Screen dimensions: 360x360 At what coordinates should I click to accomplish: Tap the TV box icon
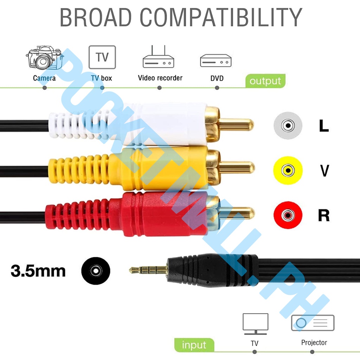coord(102,57)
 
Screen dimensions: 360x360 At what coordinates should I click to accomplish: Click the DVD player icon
coord(216,60)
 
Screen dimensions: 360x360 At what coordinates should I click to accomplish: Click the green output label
coord(265,81)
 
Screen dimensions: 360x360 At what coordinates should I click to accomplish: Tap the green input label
coord(194,345)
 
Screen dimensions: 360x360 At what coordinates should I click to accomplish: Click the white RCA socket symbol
coord(288,125)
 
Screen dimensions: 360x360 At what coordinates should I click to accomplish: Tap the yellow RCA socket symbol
coord(288,171)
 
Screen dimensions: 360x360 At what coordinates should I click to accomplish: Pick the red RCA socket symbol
coord(288,215)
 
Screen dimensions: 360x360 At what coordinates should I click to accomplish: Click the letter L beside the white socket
coord(324,126)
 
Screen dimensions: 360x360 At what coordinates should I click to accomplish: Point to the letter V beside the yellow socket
coord(324,171)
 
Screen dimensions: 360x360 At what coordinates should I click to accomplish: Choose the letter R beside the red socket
coord(324,215)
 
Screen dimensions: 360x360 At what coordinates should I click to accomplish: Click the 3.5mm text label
coord(38,271)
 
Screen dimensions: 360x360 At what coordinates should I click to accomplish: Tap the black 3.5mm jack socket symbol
coord(96,271)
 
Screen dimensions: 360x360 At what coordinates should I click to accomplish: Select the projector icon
coord(313,323)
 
